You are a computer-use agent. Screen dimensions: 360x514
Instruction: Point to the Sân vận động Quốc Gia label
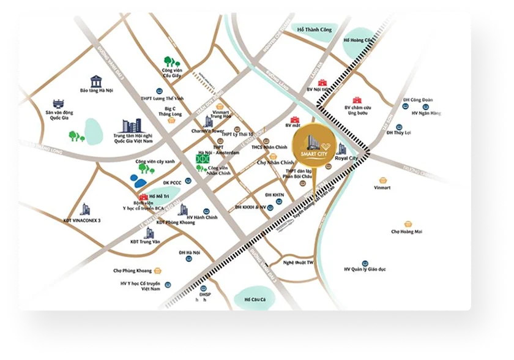pyautogui.click(x=59, y=116)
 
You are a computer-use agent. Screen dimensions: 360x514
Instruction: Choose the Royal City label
pyautogui.click(x=346, y=159)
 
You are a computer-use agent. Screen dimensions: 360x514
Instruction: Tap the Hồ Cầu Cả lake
pyautogui.click(x=254, y=298)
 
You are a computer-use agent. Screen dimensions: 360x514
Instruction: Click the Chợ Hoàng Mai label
pyautogui.click(x=406, y=231)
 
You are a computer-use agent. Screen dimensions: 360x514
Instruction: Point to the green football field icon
pyautogui.click(x=201, y=158)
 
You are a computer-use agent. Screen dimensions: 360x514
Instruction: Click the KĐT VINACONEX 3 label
pyautogui.click(x=81, y=220)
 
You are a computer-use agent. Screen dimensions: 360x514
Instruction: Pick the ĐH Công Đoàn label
pyautogui.click(x=418, y=100)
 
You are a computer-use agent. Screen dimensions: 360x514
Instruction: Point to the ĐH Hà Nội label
pyautogui.click(x=190, y=252)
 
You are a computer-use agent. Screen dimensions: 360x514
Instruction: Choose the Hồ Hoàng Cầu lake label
pyautogui.click(x=357, y=40)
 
